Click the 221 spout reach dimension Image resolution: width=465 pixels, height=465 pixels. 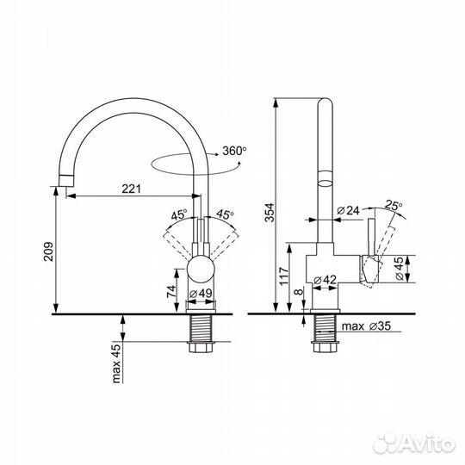(x=132, y=189)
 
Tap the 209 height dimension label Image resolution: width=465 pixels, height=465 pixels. (x=48, y=251)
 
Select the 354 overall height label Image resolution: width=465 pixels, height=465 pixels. (x=270, y=213)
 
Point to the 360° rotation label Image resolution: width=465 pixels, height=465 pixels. (x=234, y=151)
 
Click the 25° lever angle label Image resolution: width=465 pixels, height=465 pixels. (x=394, y=205)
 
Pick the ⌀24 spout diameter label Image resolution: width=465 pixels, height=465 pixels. (x=348, y=211)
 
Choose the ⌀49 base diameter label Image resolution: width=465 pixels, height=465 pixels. (x=201, y=294)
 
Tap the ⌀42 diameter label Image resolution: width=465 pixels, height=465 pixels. (x=325, y=280)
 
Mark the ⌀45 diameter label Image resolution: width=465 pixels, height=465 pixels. (x=400, y=269)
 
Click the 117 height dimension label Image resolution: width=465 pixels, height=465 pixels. (x=284, y=276)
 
